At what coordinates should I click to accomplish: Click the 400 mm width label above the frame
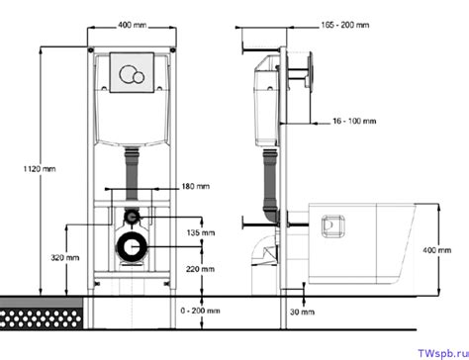[x=133, y=25]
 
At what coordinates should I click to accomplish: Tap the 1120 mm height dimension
[x=40, y=169]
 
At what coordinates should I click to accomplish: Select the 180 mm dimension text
[x=196, y=186]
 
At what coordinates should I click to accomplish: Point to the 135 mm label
[x=201, y=232]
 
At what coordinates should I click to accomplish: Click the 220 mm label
[x=200, y=269]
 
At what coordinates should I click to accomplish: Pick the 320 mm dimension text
[x=65, y=257]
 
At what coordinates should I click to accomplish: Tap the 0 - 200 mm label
[x=200, y=311]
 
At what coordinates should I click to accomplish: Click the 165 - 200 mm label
[x=345, y=25]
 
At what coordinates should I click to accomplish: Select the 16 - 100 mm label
[x=354, y=121]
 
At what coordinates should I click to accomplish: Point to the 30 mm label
[x=302, y=312]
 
